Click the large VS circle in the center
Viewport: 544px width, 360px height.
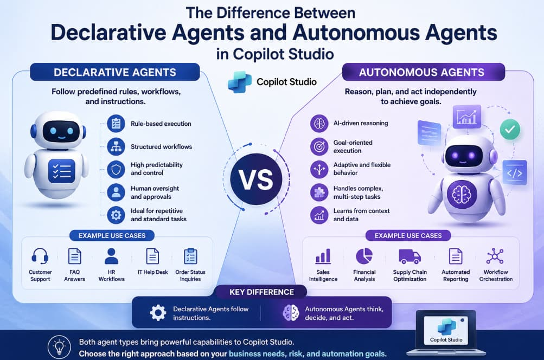pos(256,179)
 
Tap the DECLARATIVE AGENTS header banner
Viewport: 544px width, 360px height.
pos(115,72)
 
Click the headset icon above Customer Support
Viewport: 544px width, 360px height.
pos(40,256)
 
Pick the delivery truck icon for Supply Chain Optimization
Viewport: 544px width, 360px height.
pos(409,256)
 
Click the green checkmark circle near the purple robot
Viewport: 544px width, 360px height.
pos(510,130)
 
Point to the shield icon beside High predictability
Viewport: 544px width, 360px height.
pos(116,169)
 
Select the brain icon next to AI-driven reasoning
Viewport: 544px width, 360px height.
pos(319,124)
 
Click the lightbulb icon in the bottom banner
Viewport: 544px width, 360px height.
pos(59,347)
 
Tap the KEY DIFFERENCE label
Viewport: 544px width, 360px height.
pos(261,292)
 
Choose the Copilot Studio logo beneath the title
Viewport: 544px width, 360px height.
pos(239,82)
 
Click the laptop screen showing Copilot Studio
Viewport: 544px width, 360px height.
pos(446,330)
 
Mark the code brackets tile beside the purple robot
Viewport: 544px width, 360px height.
pos(515,172)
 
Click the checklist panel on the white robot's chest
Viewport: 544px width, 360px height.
pos(62,171)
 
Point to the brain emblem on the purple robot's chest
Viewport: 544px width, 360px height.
pos(462,194)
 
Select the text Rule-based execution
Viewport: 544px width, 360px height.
pos(161,124)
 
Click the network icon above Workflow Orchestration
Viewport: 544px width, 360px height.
pos(495,256)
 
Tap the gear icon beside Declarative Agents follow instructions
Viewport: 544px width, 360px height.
pos(158,313)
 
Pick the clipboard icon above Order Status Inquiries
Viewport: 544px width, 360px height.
pos(190,256)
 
